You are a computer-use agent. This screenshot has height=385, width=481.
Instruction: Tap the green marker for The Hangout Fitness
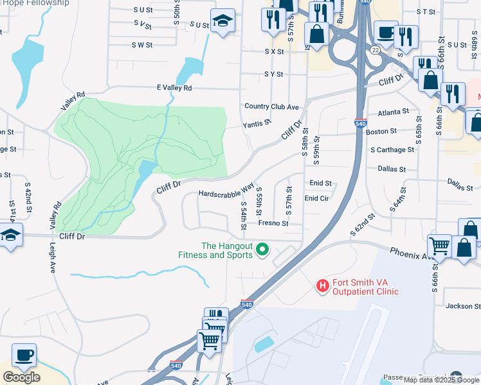point(262,249)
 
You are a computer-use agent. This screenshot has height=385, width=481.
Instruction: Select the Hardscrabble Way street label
point(226,192)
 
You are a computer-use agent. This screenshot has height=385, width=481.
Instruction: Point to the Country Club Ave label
point(271,107)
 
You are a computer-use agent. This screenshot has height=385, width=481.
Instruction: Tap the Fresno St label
point(273,223)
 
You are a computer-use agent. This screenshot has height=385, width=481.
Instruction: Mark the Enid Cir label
point(316,199)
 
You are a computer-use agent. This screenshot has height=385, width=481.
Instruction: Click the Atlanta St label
point(394,112)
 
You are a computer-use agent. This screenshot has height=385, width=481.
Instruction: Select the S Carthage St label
point(392,150)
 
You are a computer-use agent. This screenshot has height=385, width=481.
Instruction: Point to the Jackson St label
point(458,306)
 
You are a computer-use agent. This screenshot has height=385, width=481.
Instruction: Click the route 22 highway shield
point(375,49)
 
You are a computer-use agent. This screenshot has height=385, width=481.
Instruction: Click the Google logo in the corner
point(21,377)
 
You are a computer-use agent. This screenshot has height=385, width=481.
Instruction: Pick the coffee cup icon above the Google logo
point(24,355)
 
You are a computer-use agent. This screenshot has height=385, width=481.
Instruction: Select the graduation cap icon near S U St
point(223,21)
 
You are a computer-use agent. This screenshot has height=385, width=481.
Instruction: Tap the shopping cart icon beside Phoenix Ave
point(439,245)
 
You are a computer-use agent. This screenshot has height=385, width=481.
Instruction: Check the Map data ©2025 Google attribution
point(442,380)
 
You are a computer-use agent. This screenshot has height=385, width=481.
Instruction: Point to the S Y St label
point(273,74)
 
